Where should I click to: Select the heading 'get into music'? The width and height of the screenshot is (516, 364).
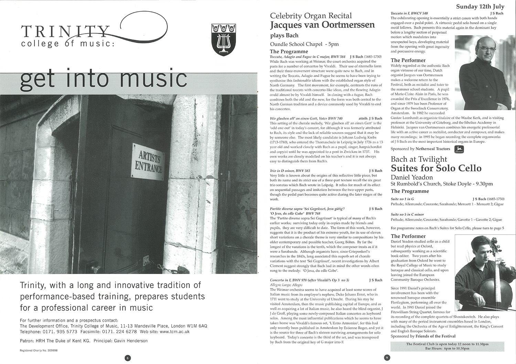(103, 78)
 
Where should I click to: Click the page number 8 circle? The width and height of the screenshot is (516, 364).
(127, 358)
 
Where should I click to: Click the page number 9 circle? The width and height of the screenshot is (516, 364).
(387, 358)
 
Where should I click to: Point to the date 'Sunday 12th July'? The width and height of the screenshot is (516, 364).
(480, 7)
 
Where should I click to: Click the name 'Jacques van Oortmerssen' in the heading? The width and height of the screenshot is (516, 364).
(322, 25)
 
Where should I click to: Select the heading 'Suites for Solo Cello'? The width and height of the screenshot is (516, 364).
(436, 168)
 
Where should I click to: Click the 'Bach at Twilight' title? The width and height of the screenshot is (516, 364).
(419, 159)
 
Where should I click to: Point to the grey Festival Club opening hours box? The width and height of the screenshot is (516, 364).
(447, 346)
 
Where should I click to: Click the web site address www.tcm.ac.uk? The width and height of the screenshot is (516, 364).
(174, 332)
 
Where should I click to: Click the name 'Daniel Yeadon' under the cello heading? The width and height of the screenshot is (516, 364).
(412, 177)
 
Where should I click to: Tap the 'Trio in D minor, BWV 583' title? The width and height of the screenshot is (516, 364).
(290, 170)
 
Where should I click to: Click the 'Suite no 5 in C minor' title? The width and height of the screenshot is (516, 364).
(407, 214)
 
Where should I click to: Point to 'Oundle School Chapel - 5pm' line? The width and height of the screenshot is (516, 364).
(304, 44)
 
